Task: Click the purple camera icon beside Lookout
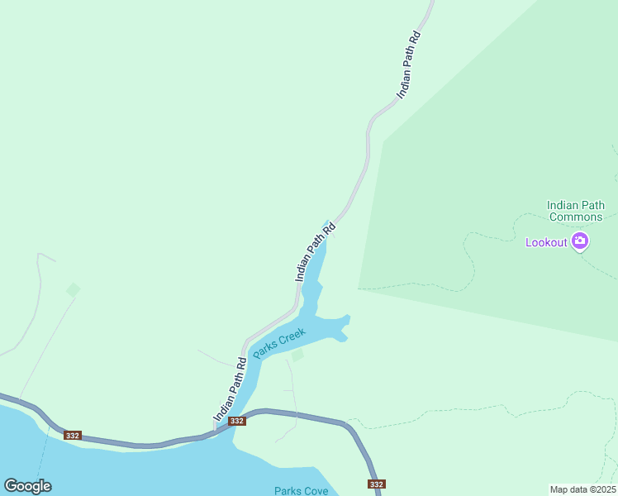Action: [x=580, y=241]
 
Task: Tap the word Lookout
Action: [x=547, y=242]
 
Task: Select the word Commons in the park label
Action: [x=576, y=217]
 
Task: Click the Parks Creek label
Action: [x=279, y=343]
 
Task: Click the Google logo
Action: [x=27, y=486]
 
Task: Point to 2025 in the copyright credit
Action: [x=601, y=489]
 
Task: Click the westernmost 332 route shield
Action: [x=73, y=436]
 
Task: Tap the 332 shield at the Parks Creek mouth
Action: [x=237, y=421]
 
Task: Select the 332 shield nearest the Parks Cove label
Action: [x=377, y=484]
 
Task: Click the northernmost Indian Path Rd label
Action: [x=409, y=65]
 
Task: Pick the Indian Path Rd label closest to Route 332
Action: [x=231, y=389]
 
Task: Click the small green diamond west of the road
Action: [x=74, y=289]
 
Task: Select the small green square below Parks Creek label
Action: [x=297, y=355]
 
